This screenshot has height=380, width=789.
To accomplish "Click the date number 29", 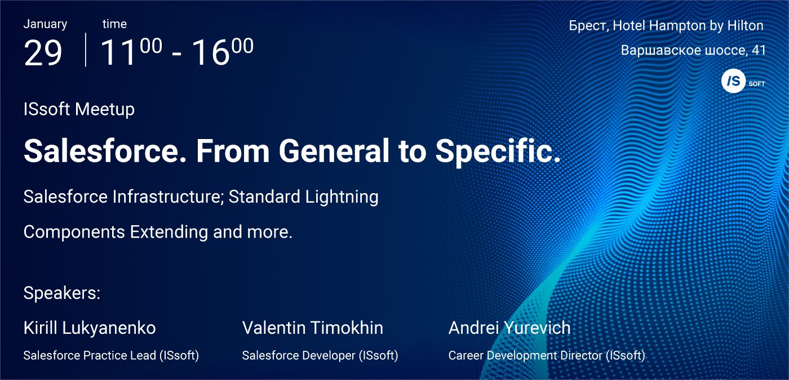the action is [43, 53].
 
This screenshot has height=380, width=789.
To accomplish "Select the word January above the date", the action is [45, 24].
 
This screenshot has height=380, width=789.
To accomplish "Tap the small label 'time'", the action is [114, 24].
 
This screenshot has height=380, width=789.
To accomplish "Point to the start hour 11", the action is [118, 53].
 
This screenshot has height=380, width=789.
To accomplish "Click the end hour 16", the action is [210, 53].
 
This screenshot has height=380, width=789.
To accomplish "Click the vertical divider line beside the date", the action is [86, 50].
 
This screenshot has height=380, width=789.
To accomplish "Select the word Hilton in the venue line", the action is [745, 25].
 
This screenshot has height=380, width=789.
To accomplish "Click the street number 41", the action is [759, 50].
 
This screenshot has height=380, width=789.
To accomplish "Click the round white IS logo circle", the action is [733, 81].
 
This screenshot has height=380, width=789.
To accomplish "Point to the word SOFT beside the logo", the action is [757, 84].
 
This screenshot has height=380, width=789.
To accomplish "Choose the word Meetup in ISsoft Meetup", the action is [105, 109].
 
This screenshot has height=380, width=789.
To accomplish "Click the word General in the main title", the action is [334, 151].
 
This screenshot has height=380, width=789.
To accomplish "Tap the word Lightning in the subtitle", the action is [342, 196].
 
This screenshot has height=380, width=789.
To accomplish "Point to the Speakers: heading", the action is [62, 293].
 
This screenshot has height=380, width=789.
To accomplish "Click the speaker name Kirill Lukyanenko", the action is [90, 328].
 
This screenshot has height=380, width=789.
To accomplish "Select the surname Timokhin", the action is [347, 328].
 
